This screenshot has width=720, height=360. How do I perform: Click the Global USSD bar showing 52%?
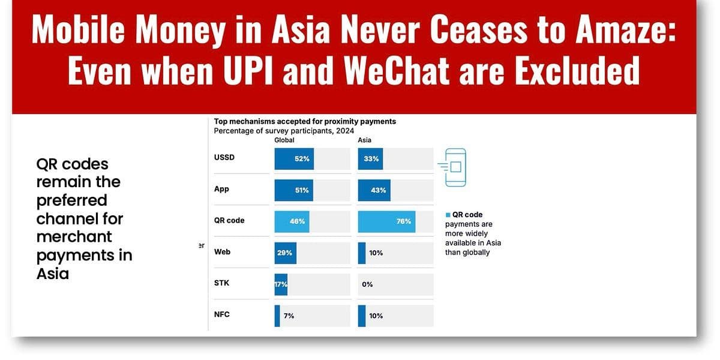pos(294,159)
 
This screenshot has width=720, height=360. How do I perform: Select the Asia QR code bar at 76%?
pos(386,221)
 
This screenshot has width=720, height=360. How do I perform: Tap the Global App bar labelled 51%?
pos(293,190)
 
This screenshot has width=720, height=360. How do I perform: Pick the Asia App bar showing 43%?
pos(374,190)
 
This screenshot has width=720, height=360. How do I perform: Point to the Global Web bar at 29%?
pos(285,253)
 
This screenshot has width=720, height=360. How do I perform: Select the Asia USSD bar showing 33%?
pos(370,159)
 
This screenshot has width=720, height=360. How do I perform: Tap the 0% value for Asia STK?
pos(367,284)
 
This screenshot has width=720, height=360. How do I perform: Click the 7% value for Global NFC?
pos(289,316)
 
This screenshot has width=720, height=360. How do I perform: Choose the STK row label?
pos(221,283)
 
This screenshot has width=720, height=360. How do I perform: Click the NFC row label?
pos(221,314)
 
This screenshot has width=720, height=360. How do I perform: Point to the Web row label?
pos(222,251)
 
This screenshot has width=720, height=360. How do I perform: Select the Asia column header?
pos(364,140)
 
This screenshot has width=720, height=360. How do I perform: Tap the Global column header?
pos(284,140)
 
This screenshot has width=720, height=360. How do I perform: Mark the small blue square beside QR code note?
pos(448,215)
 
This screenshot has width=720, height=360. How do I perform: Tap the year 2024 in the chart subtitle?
pos(344,131)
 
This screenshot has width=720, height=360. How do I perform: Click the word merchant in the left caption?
pos(74,236)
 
